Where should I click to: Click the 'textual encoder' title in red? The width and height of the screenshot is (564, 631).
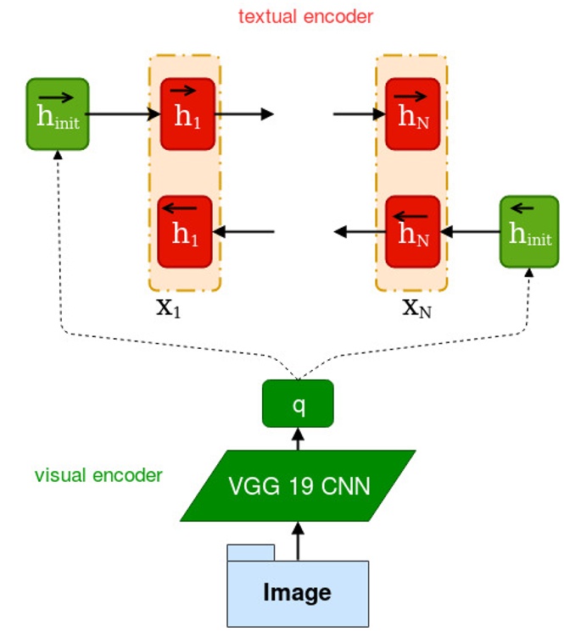point(305,17)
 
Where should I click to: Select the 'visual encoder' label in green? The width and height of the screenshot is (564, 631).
point(98,475)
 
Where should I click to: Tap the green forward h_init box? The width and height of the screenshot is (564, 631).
point(58,114)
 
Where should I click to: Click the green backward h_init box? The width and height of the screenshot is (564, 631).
point(529,231)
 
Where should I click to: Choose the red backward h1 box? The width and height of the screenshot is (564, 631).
point(185,231)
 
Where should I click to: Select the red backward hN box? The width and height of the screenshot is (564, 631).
point(413,231)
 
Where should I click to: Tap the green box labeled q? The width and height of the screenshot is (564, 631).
point(298,403)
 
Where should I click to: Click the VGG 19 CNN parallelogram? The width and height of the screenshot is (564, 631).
point(298,485)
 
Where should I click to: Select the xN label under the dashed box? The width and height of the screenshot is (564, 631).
point(416,307)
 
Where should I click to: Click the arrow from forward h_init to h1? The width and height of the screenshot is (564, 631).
point(123,113)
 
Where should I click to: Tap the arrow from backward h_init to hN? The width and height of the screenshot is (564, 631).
point(470,230)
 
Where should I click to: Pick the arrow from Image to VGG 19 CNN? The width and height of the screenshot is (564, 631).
point(298,540)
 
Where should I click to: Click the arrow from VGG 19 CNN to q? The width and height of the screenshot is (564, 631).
point(298,438)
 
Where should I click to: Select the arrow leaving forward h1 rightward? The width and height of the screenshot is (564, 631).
point(242,113)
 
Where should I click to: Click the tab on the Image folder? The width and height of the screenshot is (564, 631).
point(250,552)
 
